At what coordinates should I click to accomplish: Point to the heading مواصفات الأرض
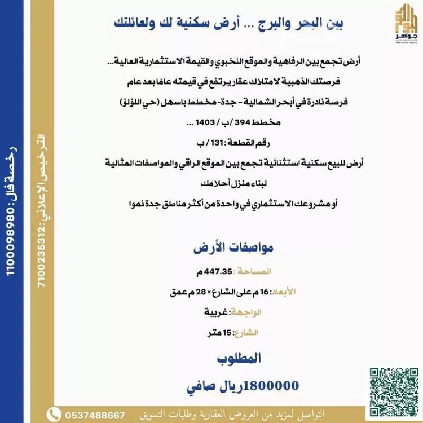pos(217,248)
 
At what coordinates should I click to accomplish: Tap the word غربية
pos(217,312)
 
